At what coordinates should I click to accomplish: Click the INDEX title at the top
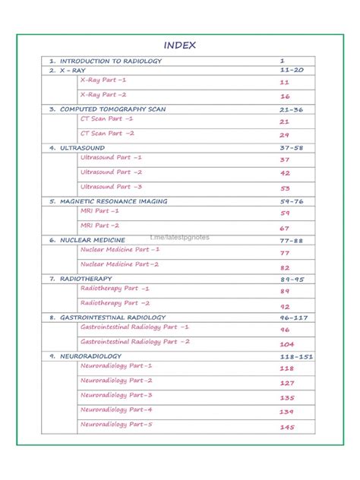click(180, 45)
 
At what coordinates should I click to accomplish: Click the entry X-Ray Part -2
click(103, 95)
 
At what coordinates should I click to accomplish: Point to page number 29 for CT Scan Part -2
click(285, 134)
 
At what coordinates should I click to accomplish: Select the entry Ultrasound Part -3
click(111, 187)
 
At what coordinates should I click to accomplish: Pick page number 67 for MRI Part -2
click(285, 228)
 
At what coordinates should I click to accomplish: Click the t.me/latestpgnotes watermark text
click(180, 237)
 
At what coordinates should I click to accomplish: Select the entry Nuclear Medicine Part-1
click(120, 249)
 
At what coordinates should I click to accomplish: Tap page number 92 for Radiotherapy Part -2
click(285, 306)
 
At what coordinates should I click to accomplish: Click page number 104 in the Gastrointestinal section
click(286, 344)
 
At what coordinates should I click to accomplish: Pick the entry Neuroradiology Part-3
click(116, 396)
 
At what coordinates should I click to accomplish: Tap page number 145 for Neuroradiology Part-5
click(286, 427)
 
